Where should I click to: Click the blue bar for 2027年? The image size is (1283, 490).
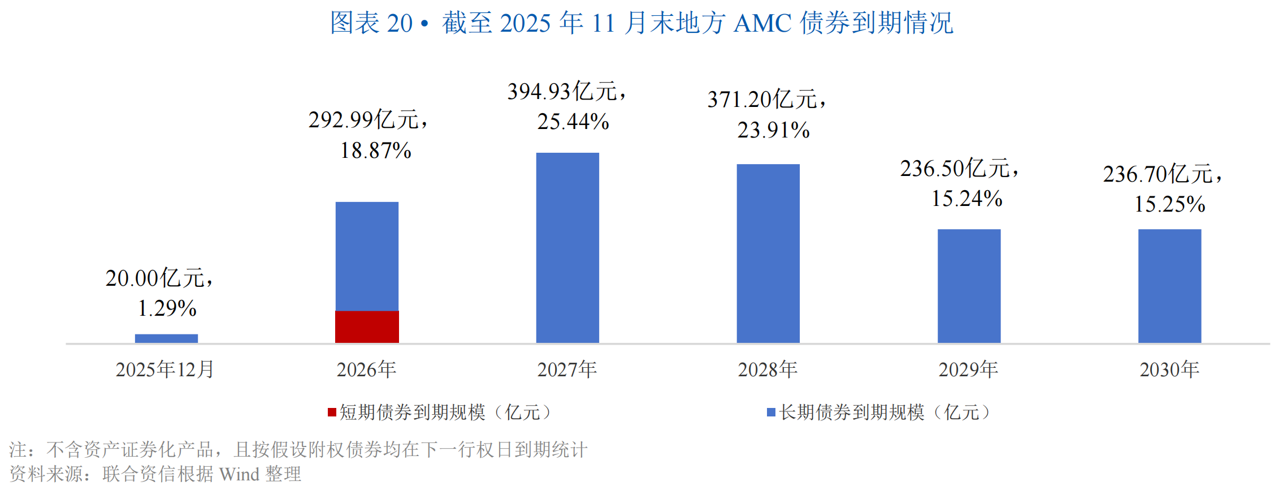pos(567,247)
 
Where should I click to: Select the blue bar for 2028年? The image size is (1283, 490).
pos(768,253)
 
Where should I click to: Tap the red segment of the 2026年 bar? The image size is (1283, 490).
pos(367,326)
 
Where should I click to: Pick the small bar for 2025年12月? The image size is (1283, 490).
pos(166,338)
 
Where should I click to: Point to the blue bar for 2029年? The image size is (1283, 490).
pos(969,286)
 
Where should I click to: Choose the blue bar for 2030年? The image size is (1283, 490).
pos(1169,286)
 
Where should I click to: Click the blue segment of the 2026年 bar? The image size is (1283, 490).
pos(367,256)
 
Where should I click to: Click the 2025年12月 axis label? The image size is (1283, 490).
pos(165,369)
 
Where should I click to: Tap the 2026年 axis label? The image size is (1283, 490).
pos(366,369)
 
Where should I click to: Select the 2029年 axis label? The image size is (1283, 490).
pos(968,369)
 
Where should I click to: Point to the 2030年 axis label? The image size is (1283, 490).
pos(1169,369)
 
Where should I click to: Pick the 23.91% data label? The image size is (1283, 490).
pos(773,130)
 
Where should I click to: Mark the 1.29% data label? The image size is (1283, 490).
pos(167,308)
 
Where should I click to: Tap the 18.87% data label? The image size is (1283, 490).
pos(375,151)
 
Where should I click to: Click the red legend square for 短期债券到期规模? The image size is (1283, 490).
pos(332,412)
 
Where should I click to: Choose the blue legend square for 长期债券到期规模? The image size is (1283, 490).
pos(771,412)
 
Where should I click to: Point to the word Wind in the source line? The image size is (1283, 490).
pos(239,474)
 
